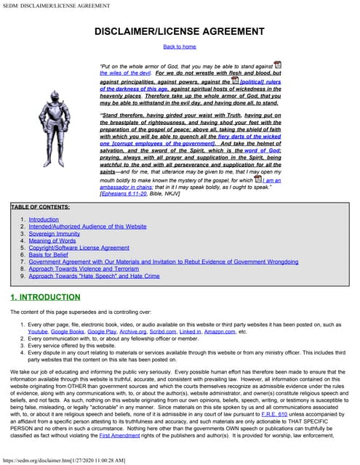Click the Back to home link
tap(180, 46)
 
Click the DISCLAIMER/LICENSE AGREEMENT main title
tap(180, 32)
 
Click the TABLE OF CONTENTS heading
tap(41, 207)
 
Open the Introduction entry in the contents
tap(44, 219)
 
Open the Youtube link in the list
tap(38, 331)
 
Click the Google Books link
tap(68, 331)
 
